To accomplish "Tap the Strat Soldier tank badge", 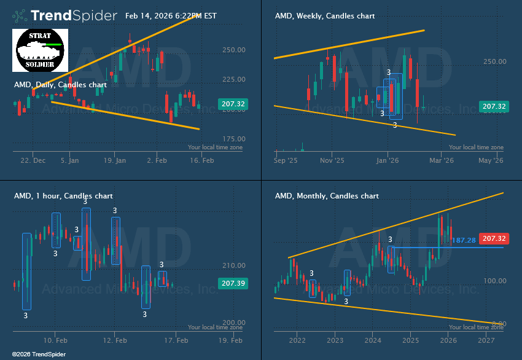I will point(40,49).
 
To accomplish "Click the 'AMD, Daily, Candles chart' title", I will point(60,85).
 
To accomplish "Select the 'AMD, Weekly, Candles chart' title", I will point(324,16).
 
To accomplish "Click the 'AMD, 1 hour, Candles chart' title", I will point(63,196).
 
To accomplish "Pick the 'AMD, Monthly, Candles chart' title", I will point(327,196).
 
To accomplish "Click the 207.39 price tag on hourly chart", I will point(233,284).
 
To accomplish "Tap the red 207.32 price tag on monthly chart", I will point(494,238).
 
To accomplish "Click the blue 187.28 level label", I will point(464,240).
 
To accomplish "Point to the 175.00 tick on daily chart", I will point(233,139).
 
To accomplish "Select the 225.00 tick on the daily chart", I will point(233,79).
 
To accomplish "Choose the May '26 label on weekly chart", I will point(490,160).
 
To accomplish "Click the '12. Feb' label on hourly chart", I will point(114,340).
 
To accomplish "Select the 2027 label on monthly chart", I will point(486,340).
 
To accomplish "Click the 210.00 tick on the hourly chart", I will point(233,266).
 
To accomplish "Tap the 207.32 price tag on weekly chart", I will point(494,107).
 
